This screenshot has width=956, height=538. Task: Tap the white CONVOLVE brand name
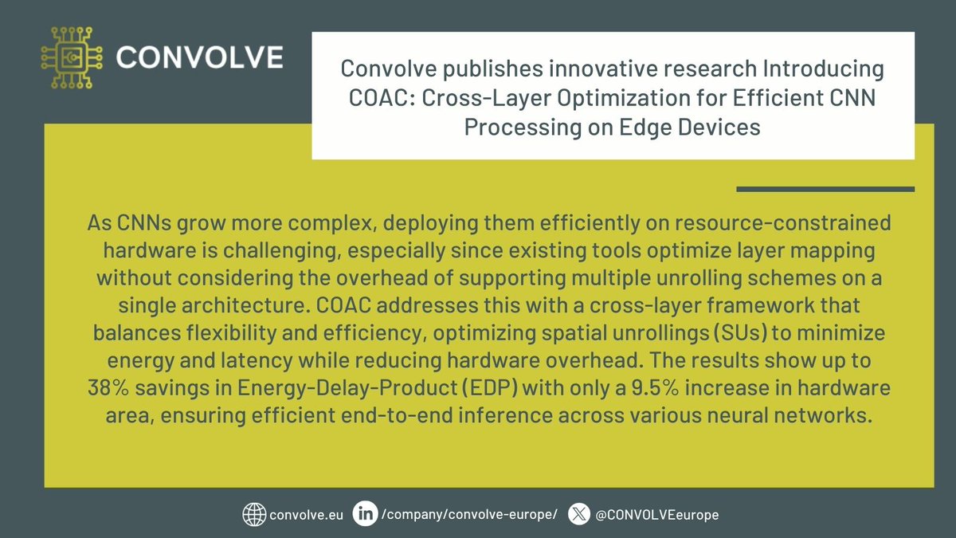(198, 57)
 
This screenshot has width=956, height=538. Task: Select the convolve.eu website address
(307, 515)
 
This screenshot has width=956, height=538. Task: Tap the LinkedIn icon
(365, 514)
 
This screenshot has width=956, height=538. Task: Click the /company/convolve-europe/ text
(470, 515)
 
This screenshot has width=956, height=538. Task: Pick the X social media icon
(578, 514)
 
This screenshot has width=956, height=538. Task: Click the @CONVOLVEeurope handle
(656, 515)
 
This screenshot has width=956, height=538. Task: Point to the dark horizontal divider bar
(825, 189)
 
